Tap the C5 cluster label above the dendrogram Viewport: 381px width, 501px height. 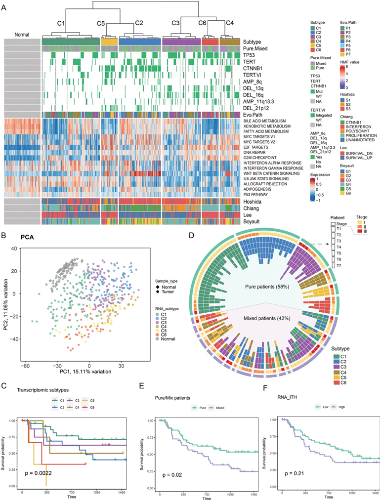click(101, 23)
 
